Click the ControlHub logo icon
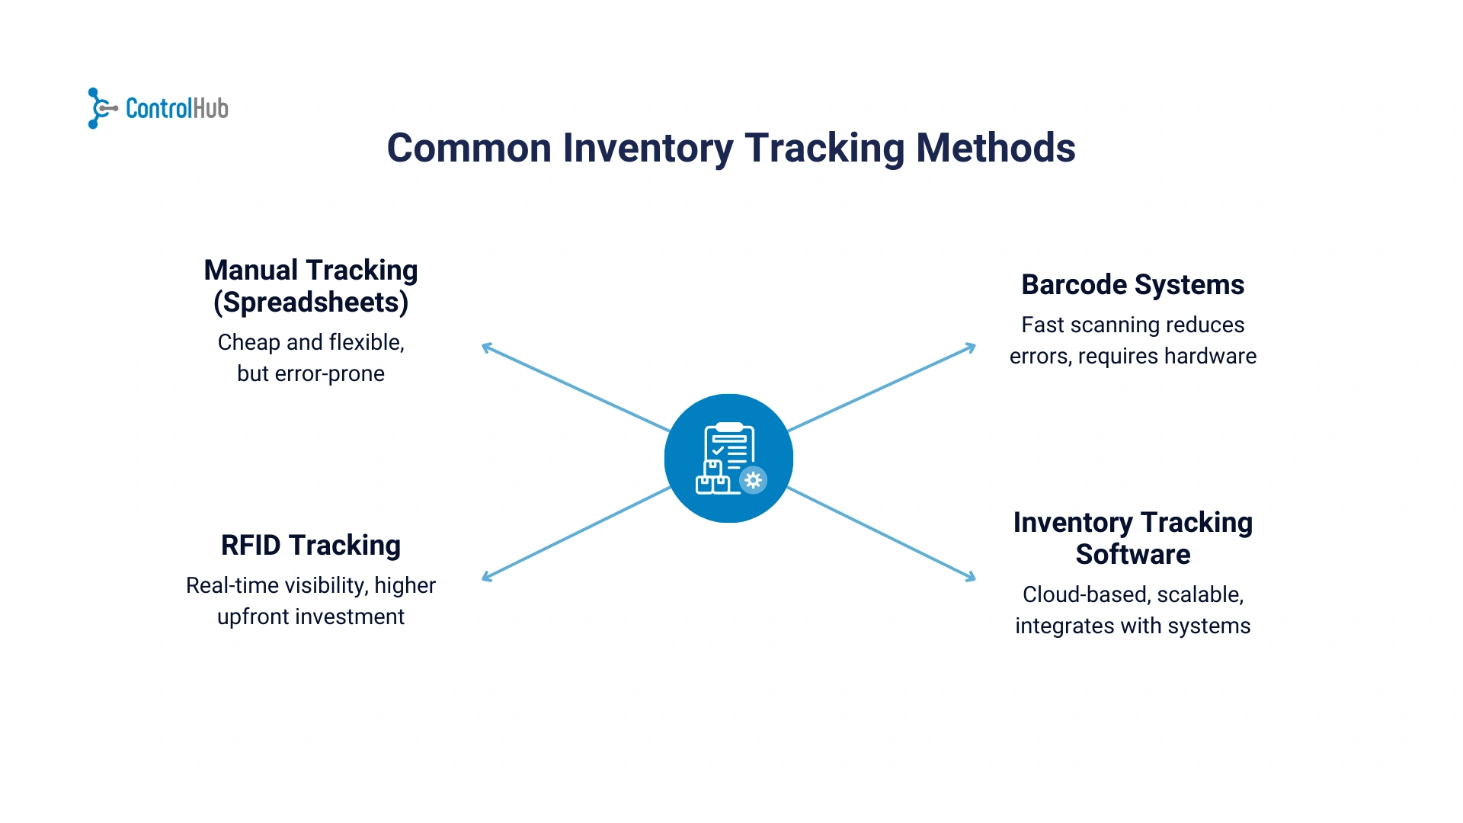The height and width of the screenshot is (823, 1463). tap(100, 108)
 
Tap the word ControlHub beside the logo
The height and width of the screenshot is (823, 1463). tap(177, 109)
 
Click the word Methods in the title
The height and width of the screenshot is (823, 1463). tap(995, 148)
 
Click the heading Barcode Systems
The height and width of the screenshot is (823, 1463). tap(1132, 285)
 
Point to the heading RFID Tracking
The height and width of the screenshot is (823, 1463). tap(311, 546)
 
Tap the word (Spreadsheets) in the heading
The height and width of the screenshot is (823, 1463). tap(311, 303)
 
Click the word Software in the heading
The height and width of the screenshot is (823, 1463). tap(1132, 555)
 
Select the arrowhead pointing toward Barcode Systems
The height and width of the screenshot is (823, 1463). tap(971, 347)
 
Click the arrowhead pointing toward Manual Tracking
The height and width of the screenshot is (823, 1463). tap(487, 348)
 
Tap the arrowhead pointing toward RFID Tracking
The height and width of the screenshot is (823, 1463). tap(487, 578)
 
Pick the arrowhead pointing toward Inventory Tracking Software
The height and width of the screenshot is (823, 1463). tap(971, 577)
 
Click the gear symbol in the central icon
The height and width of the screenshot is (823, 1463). tap(753, 480)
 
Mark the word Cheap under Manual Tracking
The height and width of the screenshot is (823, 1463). tap(248, 343)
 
